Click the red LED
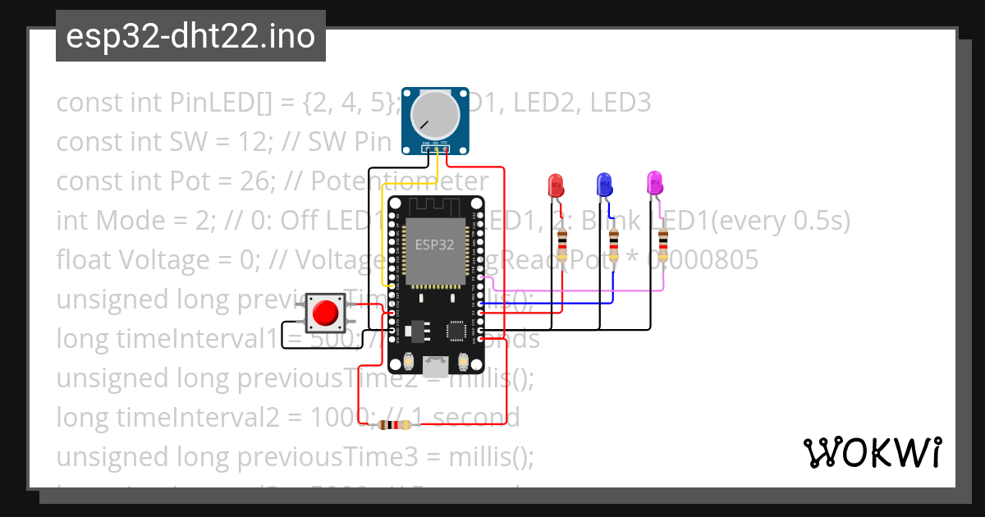556,184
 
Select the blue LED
605,184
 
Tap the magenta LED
655,183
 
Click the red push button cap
326,313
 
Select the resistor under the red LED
562,245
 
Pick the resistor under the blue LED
612,245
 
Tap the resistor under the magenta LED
662,245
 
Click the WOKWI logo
872,452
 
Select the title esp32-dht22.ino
190,37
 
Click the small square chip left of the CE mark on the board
456,331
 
